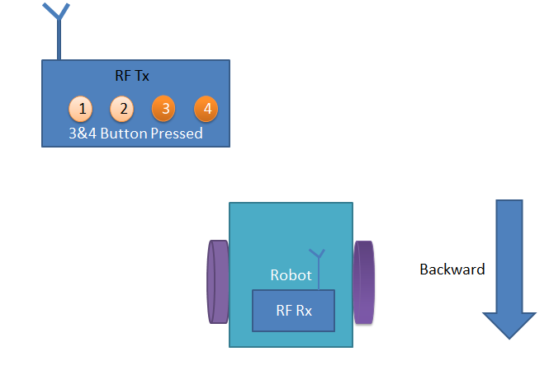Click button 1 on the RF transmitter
point(80,108)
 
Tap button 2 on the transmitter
point(121,108)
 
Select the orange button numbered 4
point(206,108)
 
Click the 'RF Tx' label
point(132,77)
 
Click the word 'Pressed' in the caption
point(177,133)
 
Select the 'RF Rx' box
point(293,311)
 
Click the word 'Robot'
point(291,275)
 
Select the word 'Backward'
point(452,270)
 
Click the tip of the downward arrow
point(509,335)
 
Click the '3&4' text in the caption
point(82,133)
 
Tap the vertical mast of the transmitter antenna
point(58,41)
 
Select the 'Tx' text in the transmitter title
point(142,77)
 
